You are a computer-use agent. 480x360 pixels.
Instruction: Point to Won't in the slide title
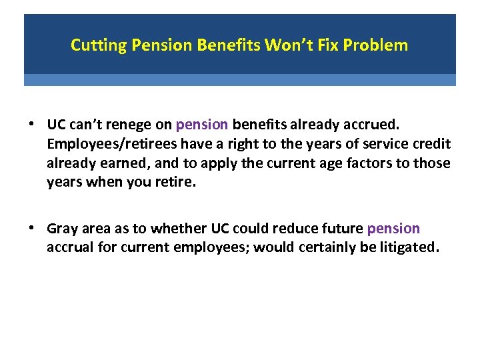coord(284,45)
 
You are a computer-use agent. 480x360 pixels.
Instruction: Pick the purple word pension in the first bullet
coord(203,125)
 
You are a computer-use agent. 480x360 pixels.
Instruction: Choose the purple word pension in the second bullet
coord(393,229)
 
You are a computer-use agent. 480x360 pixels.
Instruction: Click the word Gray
coord(63,229)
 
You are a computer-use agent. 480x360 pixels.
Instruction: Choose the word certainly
coord(320,248)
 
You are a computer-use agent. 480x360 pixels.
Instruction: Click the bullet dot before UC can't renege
coord(32,125)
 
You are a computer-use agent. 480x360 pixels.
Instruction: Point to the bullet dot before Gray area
coord(32,229)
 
